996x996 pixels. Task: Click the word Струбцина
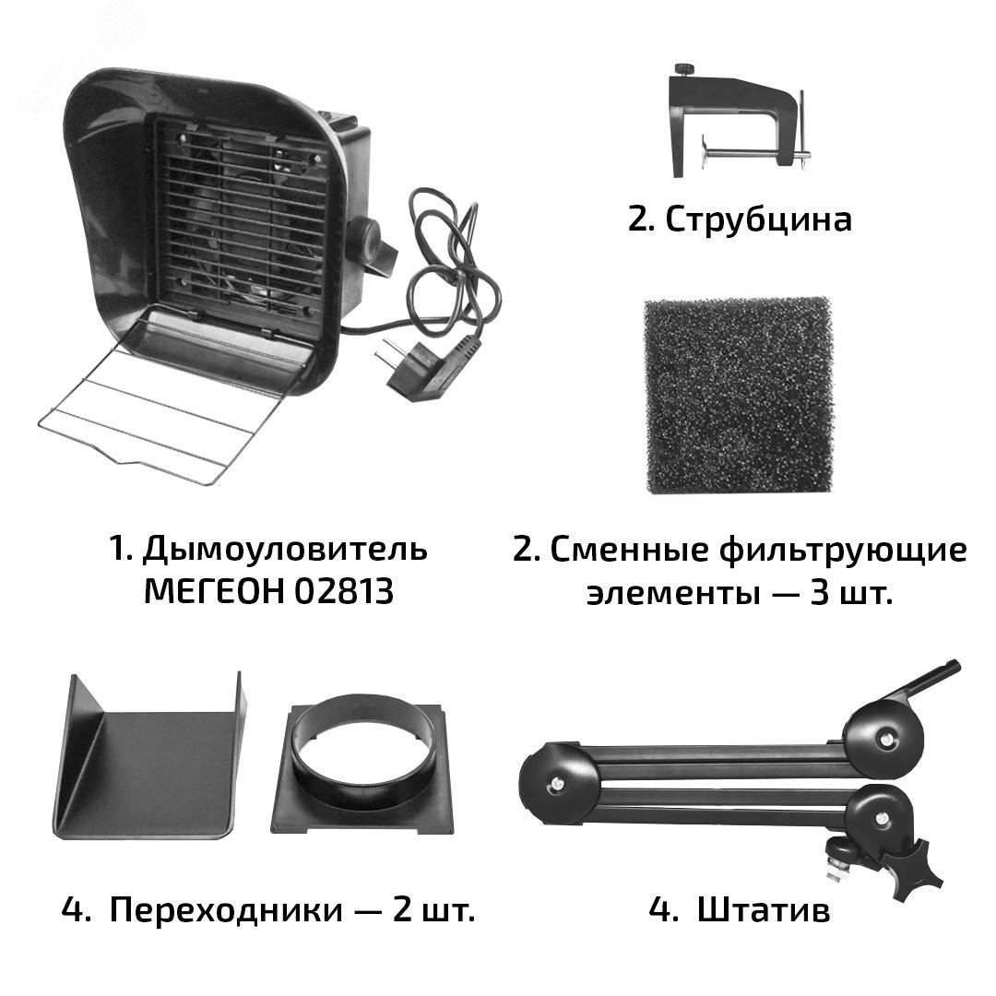pyautogui.click(x=756, y=219)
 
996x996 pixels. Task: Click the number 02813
pyautogui.click(x=344, y=592)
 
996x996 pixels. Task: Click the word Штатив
pyautogui.click(x=764, y=910)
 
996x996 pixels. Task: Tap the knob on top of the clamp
pyautogui.click(x=684, y=70)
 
